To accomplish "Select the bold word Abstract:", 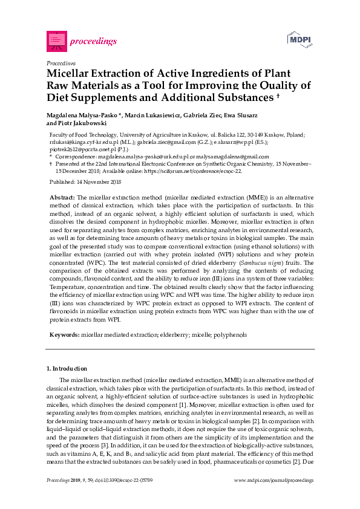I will (62, 198).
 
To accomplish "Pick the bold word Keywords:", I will (64, 334).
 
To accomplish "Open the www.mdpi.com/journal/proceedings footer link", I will (274, 479).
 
